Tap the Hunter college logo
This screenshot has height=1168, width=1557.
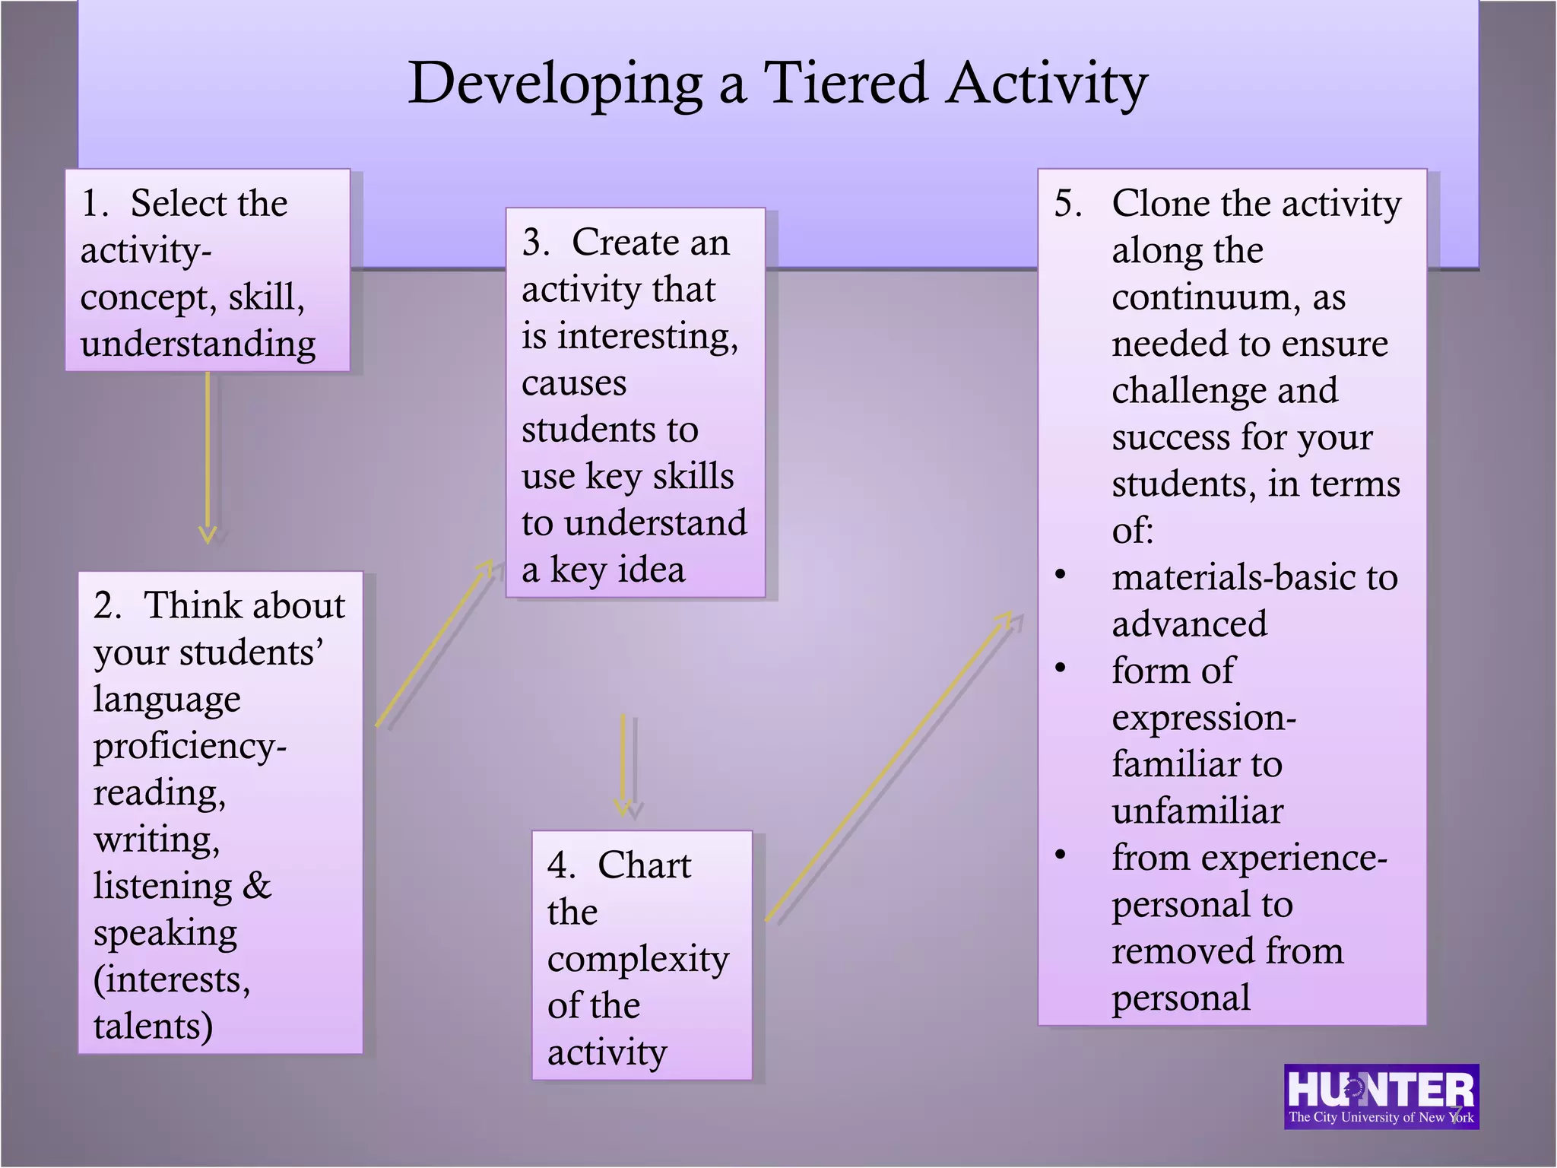tap(1381, 1096)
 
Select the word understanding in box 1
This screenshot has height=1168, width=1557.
tap(198, 344)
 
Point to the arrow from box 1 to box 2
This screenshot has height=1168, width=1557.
tap(207, 456)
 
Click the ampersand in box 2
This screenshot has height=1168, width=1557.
tap(257, 886)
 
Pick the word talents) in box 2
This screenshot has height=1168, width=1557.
tap(153, 1026)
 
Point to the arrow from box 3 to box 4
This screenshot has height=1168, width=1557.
tap(624, 765)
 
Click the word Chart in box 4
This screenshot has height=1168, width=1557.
tap(644, 865)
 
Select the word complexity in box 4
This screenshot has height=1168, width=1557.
tap(638, 960)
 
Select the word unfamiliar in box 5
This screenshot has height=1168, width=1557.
tap(1197, 811)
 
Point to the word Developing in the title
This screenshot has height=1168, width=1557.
tap(554, 84)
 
